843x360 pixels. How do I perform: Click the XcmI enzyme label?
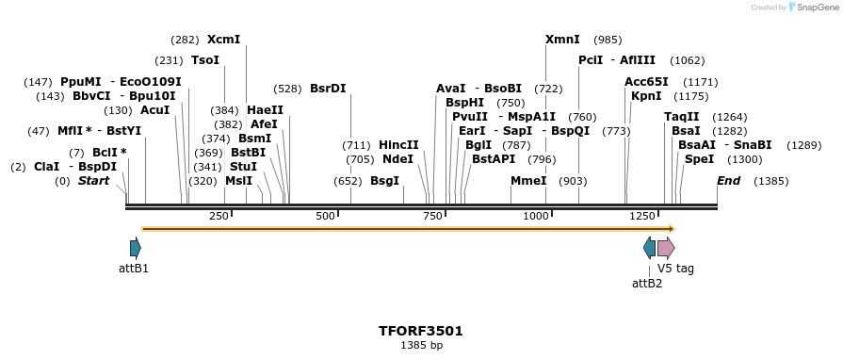(223, 40)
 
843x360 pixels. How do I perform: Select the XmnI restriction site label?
(563, 40)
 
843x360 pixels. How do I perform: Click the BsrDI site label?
(328, 89)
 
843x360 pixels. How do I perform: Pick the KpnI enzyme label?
(646, 96)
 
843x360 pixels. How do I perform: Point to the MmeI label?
(528, 180)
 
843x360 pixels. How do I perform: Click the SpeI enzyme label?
(699, 159)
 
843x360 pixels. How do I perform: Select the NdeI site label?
(397, 159)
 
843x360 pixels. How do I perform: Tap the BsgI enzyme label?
(384, 180)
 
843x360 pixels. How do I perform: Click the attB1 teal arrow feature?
(136, 248)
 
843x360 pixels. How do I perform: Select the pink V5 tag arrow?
(666, 248)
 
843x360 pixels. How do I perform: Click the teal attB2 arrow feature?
(649, 248)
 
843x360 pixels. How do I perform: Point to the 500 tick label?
(325, 217)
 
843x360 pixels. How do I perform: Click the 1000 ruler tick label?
(535, 217)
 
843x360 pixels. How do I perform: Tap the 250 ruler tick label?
(219, 217)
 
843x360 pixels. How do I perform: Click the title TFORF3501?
(421, 331)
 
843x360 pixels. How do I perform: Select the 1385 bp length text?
(421, 346)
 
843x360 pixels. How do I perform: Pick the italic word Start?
(93, 180)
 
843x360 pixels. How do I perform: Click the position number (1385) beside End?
(771, 181)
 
